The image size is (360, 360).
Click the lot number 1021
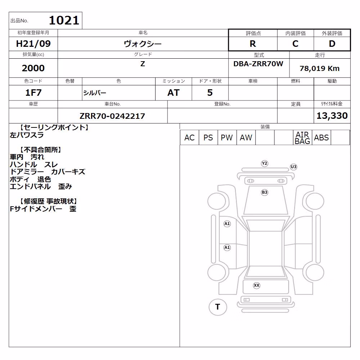(x=64, y=20)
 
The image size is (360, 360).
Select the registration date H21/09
(x=33, y=44)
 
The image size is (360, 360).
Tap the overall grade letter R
(x=253, y=44)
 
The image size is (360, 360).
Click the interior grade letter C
(x=295, y=44)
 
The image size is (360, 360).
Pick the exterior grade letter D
(x=332, y=44)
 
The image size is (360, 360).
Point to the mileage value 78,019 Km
(x=320, y=68)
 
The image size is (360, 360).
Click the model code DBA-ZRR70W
(x=258, y=64)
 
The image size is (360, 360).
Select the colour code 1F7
(x=33, y=93)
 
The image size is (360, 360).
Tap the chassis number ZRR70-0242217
(x=112, y=116)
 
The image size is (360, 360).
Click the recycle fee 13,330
(x=332, y=116)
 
